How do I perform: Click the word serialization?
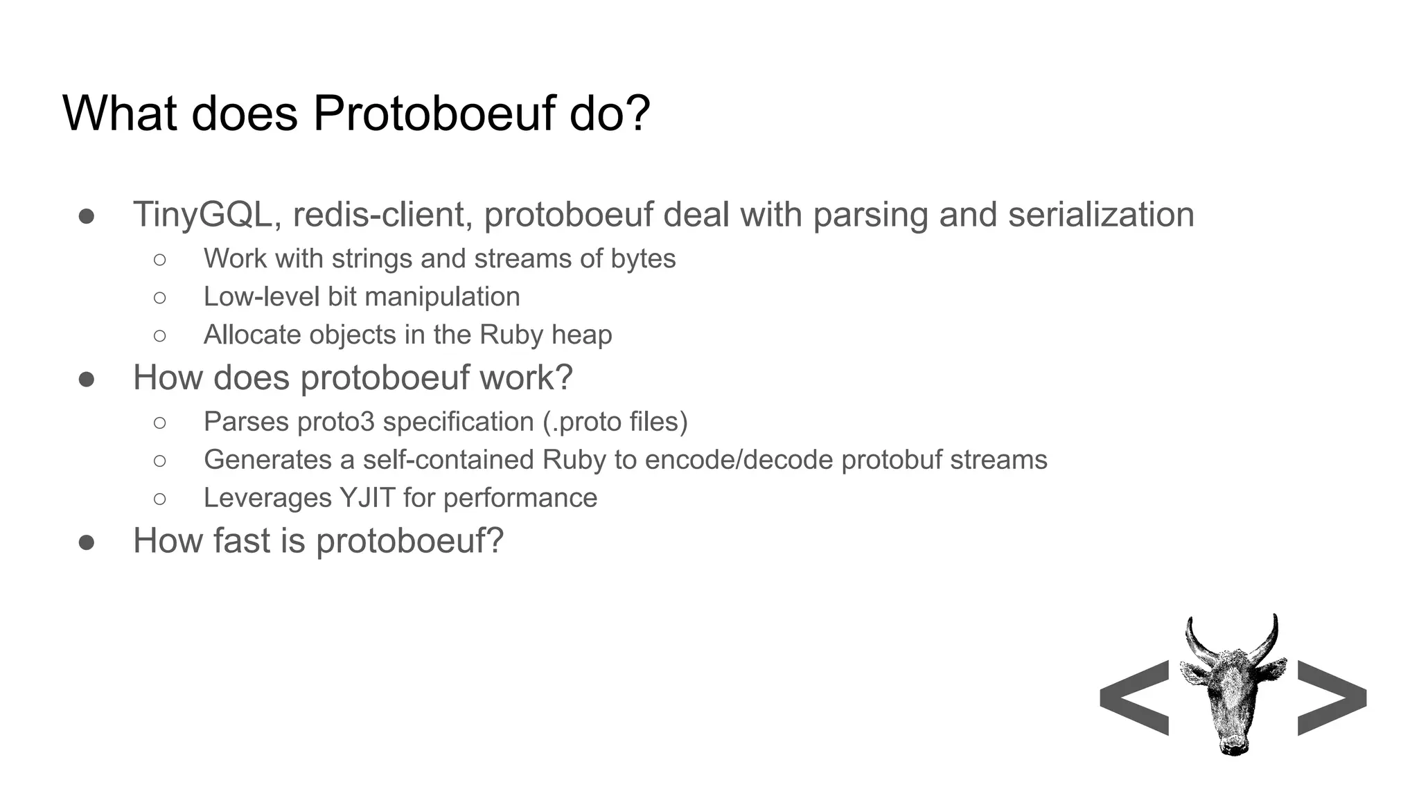tap(1101, 215)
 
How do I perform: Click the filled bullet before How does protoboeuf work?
tap(87, 379)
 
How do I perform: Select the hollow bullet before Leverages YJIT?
tap(160, 498)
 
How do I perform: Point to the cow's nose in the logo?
tap(1233, 745)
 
